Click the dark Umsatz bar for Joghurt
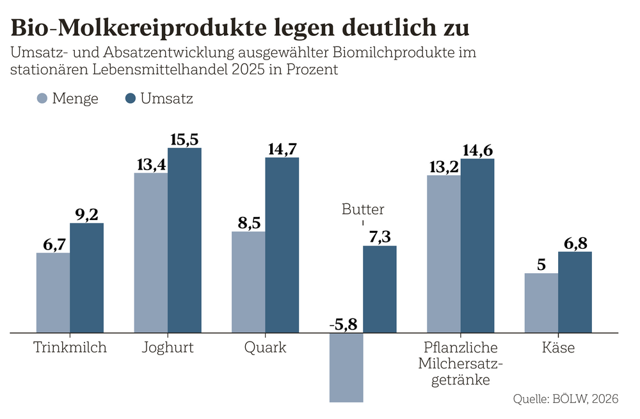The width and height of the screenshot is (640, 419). (x=184, y=240)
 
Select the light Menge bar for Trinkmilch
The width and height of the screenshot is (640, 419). (x=53, y=292)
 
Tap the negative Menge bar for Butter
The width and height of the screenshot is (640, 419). (x=346, y=367)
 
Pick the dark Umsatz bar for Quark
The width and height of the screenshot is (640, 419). (x=282, y=244)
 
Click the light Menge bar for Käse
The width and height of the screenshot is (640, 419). (x=541, y=303)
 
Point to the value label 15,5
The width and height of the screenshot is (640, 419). (x=184, y=139)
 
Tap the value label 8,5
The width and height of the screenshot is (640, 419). (x=249, y=222)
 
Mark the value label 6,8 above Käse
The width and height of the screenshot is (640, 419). (x=575, y=242)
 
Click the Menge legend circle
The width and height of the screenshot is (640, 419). (x=42, y=99)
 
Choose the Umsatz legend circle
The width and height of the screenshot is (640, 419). (x=131, y=99)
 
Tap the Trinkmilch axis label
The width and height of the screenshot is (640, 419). (x=70, y=349)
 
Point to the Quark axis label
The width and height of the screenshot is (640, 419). (x=265, y=349)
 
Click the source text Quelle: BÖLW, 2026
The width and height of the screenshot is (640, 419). (x=566, y=399)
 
